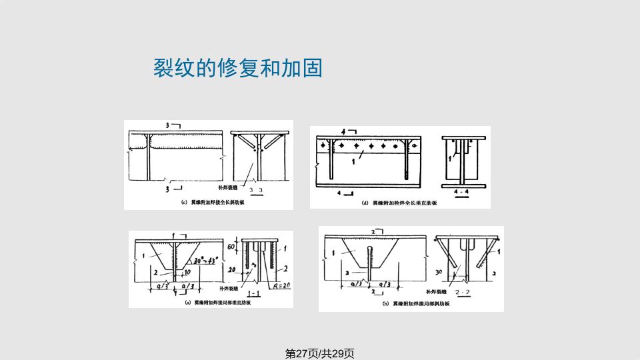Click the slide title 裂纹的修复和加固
click(x=238, y=68)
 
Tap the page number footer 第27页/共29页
click(x=319, y=353)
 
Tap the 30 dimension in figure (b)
click(x=440, y=272)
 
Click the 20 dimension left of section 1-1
click(x=231, y=270)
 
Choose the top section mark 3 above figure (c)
click(x=168, y=125)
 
